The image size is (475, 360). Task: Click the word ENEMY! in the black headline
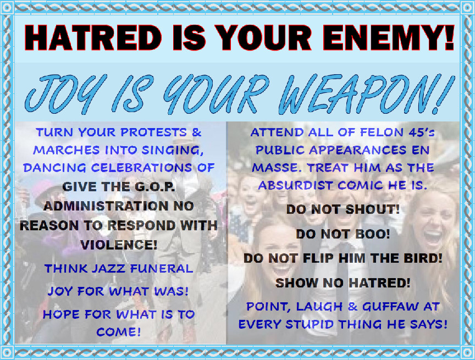[389, 37]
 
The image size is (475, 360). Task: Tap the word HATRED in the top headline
[93, 37]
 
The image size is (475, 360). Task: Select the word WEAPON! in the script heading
[366, 94]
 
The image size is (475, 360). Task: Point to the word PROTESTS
[153, 132]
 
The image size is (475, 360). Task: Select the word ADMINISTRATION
[106, 206]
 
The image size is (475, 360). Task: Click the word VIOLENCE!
[119, 245]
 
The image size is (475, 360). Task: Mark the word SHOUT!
[373, 209]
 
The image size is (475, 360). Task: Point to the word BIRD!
[423, 258]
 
